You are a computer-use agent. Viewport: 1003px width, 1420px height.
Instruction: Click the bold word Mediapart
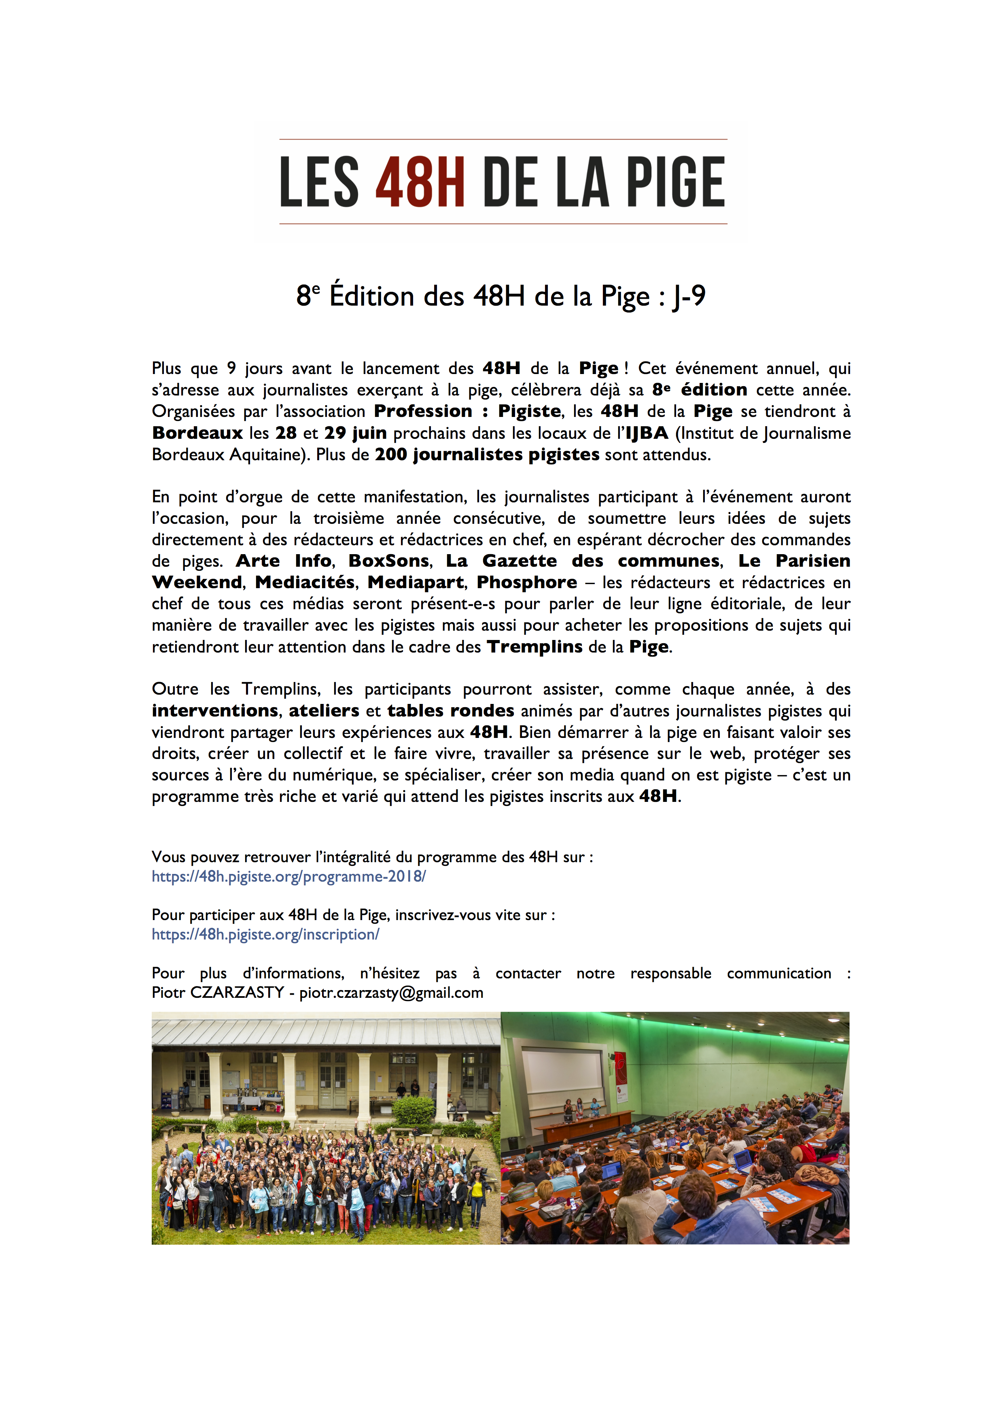(x=415, y=582)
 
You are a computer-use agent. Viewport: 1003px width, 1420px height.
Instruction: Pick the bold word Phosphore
(x=526, y=582)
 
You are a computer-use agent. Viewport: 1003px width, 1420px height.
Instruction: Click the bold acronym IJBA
(x=647, y=433)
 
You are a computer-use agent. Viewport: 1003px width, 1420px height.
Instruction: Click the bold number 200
(x=390, y=455)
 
